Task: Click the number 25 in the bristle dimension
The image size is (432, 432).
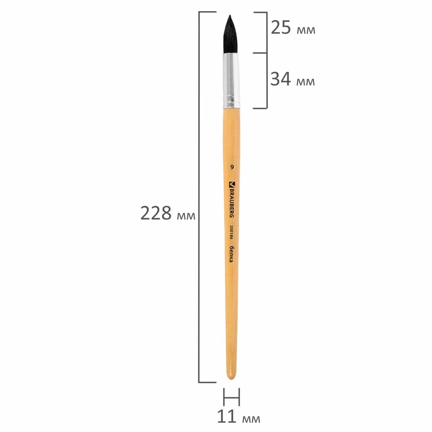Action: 281,28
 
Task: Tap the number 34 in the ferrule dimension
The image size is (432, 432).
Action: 280,79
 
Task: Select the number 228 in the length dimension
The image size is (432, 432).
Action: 156,213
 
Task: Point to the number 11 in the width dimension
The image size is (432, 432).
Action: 227,416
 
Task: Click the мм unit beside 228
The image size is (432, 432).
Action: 186,216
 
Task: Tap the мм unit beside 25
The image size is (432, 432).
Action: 306,30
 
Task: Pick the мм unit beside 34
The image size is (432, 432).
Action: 305,82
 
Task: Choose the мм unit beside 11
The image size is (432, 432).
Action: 251,419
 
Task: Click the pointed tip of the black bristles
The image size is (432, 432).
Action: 230,16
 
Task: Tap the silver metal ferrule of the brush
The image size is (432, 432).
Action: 231,80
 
